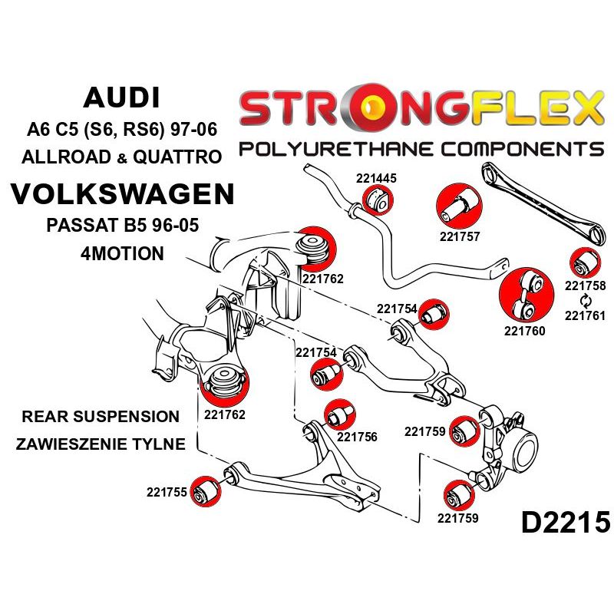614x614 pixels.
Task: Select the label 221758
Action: pos(585,286)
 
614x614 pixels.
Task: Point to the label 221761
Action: pos(585,315)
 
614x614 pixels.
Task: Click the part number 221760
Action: pos(524,332)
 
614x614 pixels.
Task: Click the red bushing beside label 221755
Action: pos(207,493)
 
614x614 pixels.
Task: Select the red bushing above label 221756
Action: pos(338,416)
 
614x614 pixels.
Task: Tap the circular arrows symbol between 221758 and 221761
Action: pos(585,300)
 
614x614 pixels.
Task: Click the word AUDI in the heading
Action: pos(121,97)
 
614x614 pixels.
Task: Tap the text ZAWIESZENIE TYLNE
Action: pos(104,443)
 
